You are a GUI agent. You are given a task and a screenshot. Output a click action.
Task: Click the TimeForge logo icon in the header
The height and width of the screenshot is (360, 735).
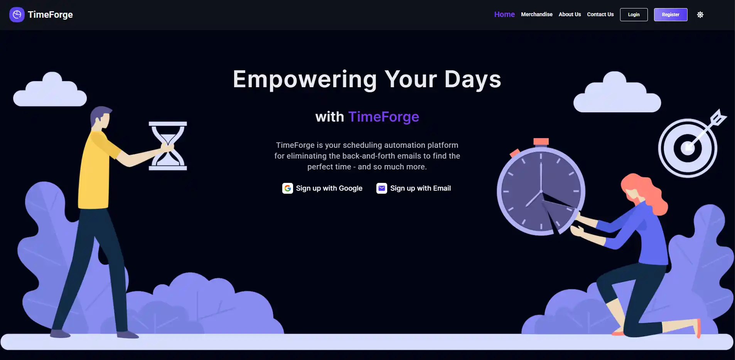17,15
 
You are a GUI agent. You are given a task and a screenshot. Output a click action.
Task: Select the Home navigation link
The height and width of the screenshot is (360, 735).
504,14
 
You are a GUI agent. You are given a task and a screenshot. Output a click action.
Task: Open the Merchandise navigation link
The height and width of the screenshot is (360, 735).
536,14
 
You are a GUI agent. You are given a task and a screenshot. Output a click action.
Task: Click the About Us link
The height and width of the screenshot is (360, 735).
570,14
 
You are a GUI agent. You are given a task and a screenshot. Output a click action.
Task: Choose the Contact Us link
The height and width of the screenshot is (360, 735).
600,14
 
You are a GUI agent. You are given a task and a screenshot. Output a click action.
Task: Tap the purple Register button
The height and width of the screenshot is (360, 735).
670,15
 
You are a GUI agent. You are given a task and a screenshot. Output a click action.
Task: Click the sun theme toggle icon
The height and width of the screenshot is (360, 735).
700,15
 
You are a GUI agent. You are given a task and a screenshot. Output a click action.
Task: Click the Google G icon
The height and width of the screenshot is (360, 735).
288,188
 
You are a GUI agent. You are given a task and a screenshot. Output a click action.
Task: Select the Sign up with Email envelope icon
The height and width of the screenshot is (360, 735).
382,188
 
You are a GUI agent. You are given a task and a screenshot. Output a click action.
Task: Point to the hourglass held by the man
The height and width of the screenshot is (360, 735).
168,146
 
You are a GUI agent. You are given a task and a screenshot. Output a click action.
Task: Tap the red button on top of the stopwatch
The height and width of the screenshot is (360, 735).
541,142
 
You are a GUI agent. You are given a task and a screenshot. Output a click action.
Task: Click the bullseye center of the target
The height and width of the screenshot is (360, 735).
687,148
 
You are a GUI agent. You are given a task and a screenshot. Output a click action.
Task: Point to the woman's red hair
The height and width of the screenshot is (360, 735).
648,189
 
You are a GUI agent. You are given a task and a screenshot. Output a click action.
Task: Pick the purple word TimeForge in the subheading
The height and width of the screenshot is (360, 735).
383,117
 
